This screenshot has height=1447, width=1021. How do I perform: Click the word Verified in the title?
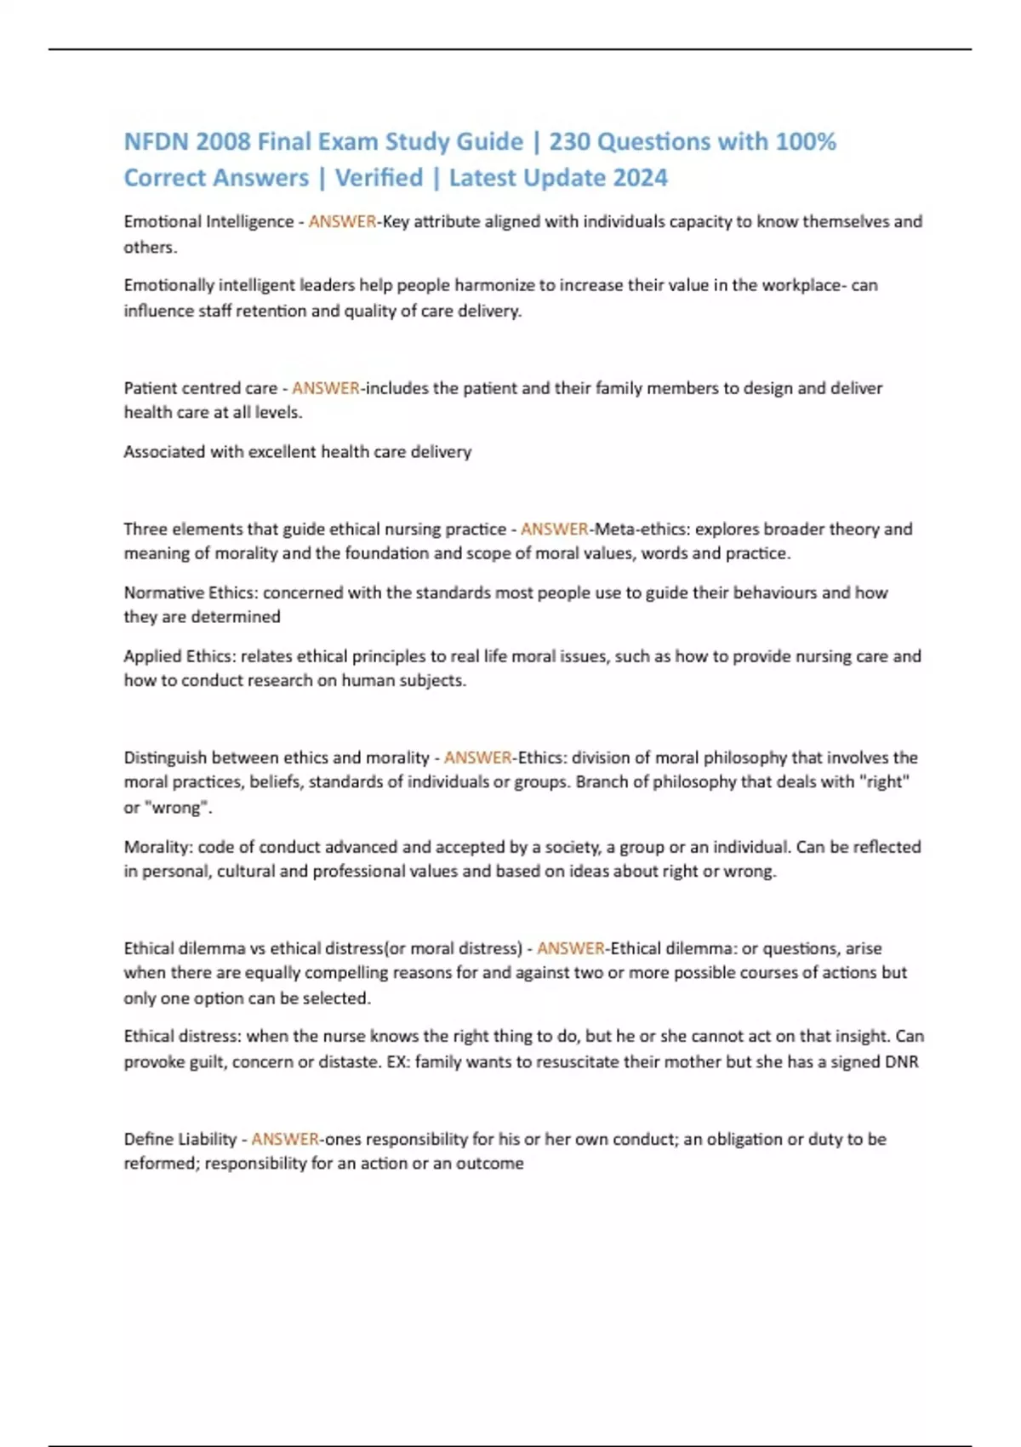pos(379,178)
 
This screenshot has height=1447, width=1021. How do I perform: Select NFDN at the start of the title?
pos(157,141)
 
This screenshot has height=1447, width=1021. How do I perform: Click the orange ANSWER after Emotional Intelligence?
pos(342,221)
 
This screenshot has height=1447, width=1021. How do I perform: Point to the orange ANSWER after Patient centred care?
pos(326,388)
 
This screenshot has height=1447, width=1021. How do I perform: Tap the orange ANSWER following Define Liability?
pos(285,1139)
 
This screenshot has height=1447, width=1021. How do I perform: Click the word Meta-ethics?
pos(641,529)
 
